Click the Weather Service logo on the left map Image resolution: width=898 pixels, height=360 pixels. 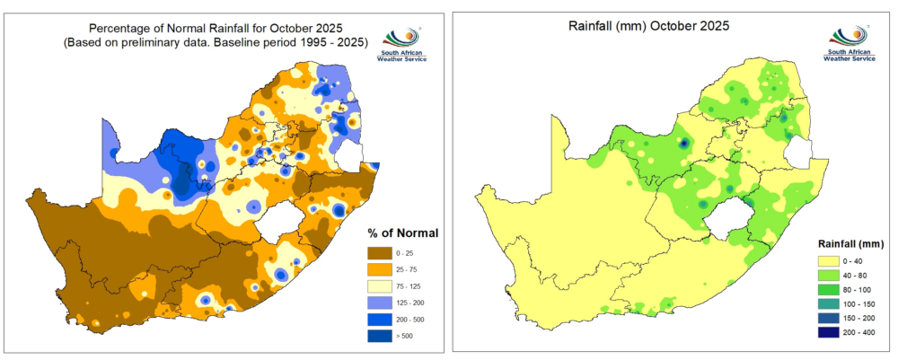click(x=402, y=45)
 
